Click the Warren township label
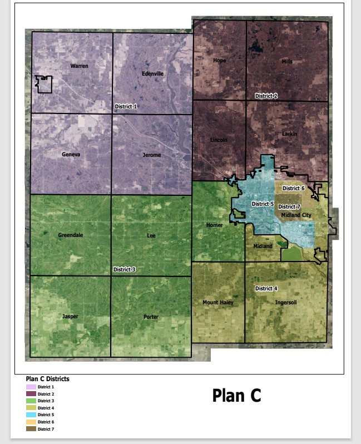[x=80, y=66]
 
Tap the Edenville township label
[x=152, y=73]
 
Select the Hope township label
[x=220, y=61]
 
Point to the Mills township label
[x=287, y=61]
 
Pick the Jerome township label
[x=151, y=155]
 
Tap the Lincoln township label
[x=219, y=140]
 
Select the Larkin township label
[x=289, y=134]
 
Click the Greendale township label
[x=71, y=235]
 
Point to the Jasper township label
[x=70, y=317]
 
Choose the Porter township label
[x=151, y=317]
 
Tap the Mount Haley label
[x=218, y=303]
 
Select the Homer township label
[x=215, y=225]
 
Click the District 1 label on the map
[x=125, y=106]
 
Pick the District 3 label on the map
[x=125, y=269]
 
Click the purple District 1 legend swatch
[x=31, y=387]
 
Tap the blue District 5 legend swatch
[x=31, y=415]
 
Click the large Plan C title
[x=236, y=396]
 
